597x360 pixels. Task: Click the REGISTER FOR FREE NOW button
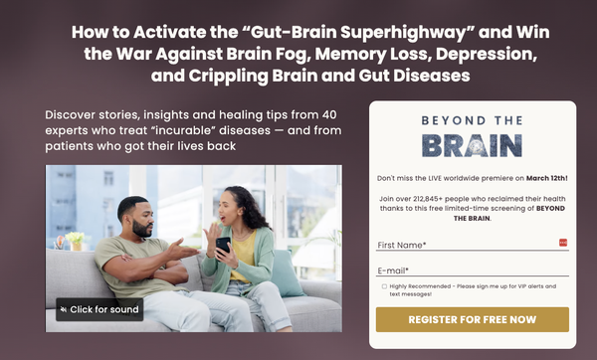pos(473,320)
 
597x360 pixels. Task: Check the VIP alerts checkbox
pos(384,286)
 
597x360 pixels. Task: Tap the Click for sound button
pos(99,309)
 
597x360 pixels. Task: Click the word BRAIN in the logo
pos(472,145)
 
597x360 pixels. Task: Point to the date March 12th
pos(546,178)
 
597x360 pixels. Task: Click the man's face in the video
pos(134,211)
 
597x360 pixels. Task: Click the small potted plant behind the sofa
pos(74,242)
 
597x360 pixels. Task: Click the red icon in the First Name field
pos(563,243)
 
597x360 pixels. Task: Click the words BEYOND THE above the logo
pos(472,121)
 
